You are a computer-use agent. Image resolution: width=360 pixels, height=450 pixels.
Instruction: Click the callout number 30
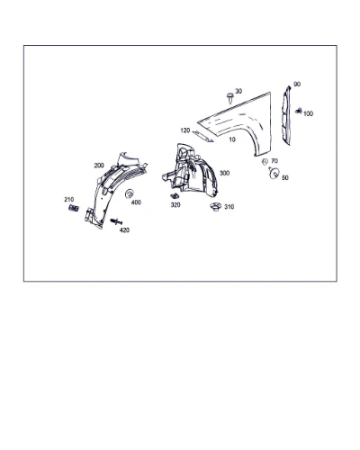[238, 91]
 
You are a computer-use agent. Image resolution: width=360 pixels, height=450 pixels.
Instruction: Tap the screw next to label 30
[230, 97]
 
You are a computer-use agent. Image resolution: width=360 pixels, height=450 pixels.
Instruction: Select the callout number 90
[297, 85]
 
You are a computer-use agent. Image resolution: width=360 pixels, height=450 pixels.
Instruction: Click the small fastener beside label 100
[298, 111]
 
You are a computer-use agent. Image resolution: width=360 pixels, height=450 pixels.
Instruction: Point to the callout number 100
[308, 113]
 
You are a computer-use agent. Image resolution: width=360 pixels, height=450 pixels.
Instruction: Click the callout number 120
[185, 130]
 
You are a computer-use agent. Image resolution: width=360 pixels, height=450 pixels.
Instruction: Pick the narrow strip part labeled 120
[202, 137]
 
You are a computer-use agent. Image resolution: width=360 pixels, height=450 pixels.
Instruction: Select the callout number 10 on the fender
[232, 139]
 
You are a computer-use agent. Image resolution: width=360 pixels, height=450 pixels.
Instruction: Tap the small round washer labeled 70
[265, 162]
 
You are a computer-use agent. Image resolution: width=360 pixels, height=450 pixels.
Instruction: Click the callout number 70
[274, 161]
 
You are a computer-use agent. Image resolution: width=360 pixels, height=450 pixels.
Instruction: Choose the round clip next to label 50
[274, 173]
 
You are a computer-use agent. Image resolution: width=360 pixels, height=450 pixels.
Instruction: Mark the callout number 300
[224, 173]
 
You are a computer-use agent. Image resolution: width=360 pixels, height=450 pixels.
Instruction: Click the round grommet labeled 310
[215, 207]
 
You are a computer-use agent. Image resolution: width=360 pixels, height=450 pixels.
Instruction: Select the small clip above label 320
[175, 196]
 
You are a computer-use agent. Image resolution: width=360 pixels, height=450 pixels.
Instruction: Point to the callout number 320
[175, 205]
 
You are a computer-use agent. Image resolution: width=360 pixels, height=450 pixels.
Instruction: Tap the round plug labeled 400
[129, 193]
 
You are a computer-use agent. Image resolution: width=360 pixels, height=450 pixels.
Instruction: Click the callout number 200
[99, 166]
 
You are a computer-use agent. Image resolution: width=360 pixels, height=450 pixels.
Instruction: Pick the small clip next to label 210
[74, 208]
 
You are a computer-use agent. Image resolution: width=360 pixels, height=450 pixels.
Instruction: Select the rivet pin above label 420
[116, 221]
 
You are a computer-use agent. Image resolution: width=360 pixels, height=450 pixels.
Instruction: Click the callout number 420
[124, 230]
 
